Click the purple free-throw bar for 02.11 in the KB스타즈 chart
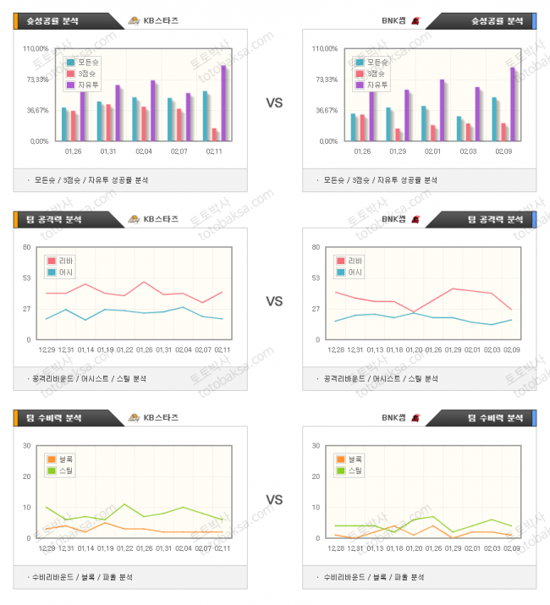(x=224, y=103)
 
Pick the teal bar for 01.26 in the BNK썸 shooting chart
(x=354, y=127)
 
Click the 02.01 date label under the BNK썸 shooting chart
(x=432, y=151)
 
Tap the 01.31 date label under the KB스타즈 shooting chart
(x=107, y=151)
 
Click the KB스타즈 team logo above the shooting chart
(x=134, y=20)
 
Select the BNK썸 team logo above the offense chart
(x=415, y=219)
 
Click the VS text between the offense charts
(x=274, y=301)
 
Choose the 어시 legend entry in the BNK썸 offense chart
(x=355, y=272)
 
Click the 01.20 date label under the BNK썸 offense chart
(x=414, y=349)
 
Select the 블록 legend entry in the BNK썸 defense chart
(x=354, y=459)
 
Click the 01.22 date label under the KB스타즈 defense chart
(x=125, y=547)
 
